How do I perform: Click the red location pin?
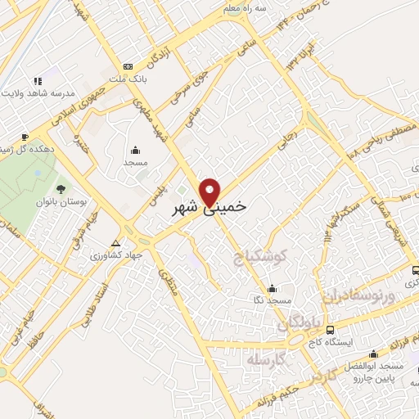click(211, 191)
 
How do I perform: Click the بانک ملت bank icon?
click(127, 66)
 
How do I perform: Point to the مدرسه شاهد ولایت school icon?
click(37, 81)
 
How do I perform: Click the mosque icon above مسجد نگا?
click(273, 288)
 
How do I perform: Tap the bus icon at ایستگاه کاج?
click(330, 330)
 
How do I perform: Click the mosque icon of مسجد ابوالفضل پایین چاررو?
click(373, 354)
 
